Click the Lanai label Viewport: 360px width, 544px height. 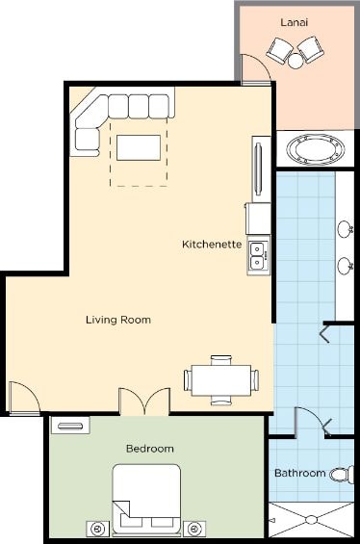click(x=295, y=22)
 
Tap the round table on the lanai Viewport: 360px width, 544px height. click(x=296, y=61)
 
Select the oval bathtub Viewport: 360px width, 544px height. click(x=316, y=149)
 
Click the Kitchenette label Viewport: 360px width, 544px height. click(x=212, y=244)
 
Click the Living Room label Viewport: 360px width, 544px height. click(x=118, y=320)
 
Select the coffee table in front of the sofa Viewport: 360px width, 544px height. click(x=139, y=147)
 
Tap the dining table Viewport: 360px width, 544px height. click(x=221, y=380)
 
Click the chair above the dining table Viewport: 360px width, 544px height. click(x=221, y=360)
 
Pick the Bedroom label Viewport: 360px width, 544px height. click(x=150, y=449)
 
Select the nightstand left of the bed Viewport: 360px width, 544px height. click(x=98, y=530)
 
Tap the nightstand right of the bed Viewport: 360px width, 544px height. click(x=194, y=530)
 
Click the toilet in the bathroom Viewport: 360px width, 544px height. click(x=342, y=475)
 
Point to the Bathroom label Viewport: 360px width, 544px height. click(x=300, y=473)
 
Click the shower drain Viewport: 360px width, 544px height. click(x=311, y=519)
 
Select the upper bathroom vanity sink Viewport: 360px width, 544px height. click(x=346, y=228)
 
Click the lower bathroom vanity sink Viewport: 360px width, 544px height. click(x=346, y=266)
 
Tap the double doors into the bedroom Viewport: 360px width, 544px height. click(x=144, y=402)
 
